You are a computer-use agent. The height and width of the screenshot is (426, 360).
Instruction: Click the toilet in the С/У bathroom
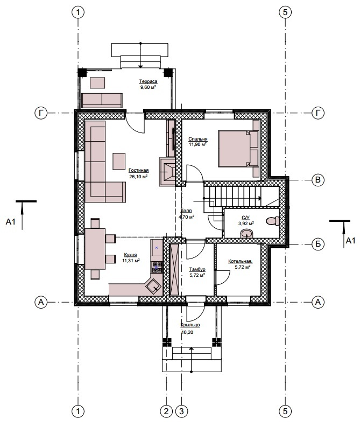click(273, 220)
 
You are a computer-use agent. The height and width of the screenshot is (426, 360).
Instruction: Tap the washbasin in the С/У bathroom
click(246, 233)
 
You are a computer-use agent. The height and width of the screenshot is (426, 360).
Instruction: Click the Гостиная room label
click(138, 170)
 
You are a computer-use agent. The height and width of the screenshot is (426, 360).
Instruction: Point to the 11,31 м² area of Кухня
click(131, 261)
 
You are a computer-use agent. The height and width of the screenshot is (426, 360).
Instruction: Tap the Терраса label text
click(148, 81)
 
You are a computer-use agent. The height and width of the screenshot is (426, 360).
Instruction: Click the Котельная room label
click(240, 261)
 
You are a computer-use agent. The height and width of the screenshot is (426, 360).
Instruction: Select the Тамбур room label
click(197, 269)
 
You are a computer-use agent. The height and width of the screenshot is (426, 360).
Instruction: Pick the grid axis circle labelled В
click(317, 180)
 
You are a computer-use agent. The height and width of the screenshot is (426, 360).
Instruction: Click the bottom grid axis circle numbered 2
click(166, 411)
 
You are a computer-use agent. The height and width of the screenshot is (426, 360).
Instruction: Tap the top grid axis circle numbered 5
click(285, 12)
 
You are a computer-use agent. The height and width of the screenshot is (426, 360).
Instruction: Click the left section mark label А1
click(11, 222)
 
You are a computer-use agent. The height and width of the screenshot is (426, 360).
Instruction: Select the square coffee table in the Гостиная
click(119, 162)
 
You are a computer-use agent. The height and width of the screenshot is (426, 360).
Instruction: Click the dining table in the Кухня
click(95, 249)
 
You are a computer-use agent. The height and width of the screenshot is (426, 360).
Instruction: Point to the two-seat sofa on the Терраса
click(102, 100)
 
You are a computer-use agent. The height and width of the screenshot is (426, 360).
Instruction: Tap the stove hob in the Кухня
click(157, 267)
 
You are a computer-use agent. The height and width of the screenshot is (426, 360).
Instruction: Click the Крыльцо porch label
click(190, 325)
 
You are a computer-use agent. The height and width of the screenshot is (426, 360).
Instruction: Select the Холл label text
click(186, 211)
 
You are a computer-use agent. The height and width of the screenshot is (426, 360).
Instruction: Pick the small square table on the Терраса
click(97, 83)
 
